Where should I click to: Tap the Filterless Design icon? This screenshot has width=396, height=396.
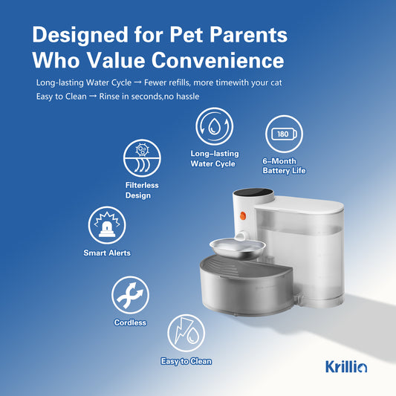click(141, 158)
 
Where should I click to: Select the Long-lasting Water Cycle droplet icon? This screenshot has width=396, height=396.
click(214, 126)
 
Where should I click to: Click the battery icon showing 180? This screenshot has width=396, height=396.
click(283, 134)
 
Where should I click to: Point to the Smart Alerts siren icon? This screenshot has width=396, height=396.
click(106, 225)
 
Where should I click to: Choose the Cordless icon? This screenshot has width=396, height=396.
click(130, 295)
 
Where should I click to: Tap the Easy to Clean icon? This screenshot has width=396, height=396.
click(186, 333)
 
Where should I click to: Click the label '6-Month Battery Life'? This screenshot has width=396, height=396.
click(284, 166)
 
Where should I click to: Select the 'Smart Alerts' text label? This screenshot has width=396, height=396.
click(107, 253)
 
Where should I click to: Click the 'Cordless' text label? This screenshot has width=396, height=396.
click(130, 323)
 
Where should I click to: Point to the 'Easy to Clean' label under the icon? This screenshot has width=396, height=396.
click(186, 362)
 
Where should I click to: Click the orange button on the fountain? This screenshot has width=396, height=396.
click(241, 218)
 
